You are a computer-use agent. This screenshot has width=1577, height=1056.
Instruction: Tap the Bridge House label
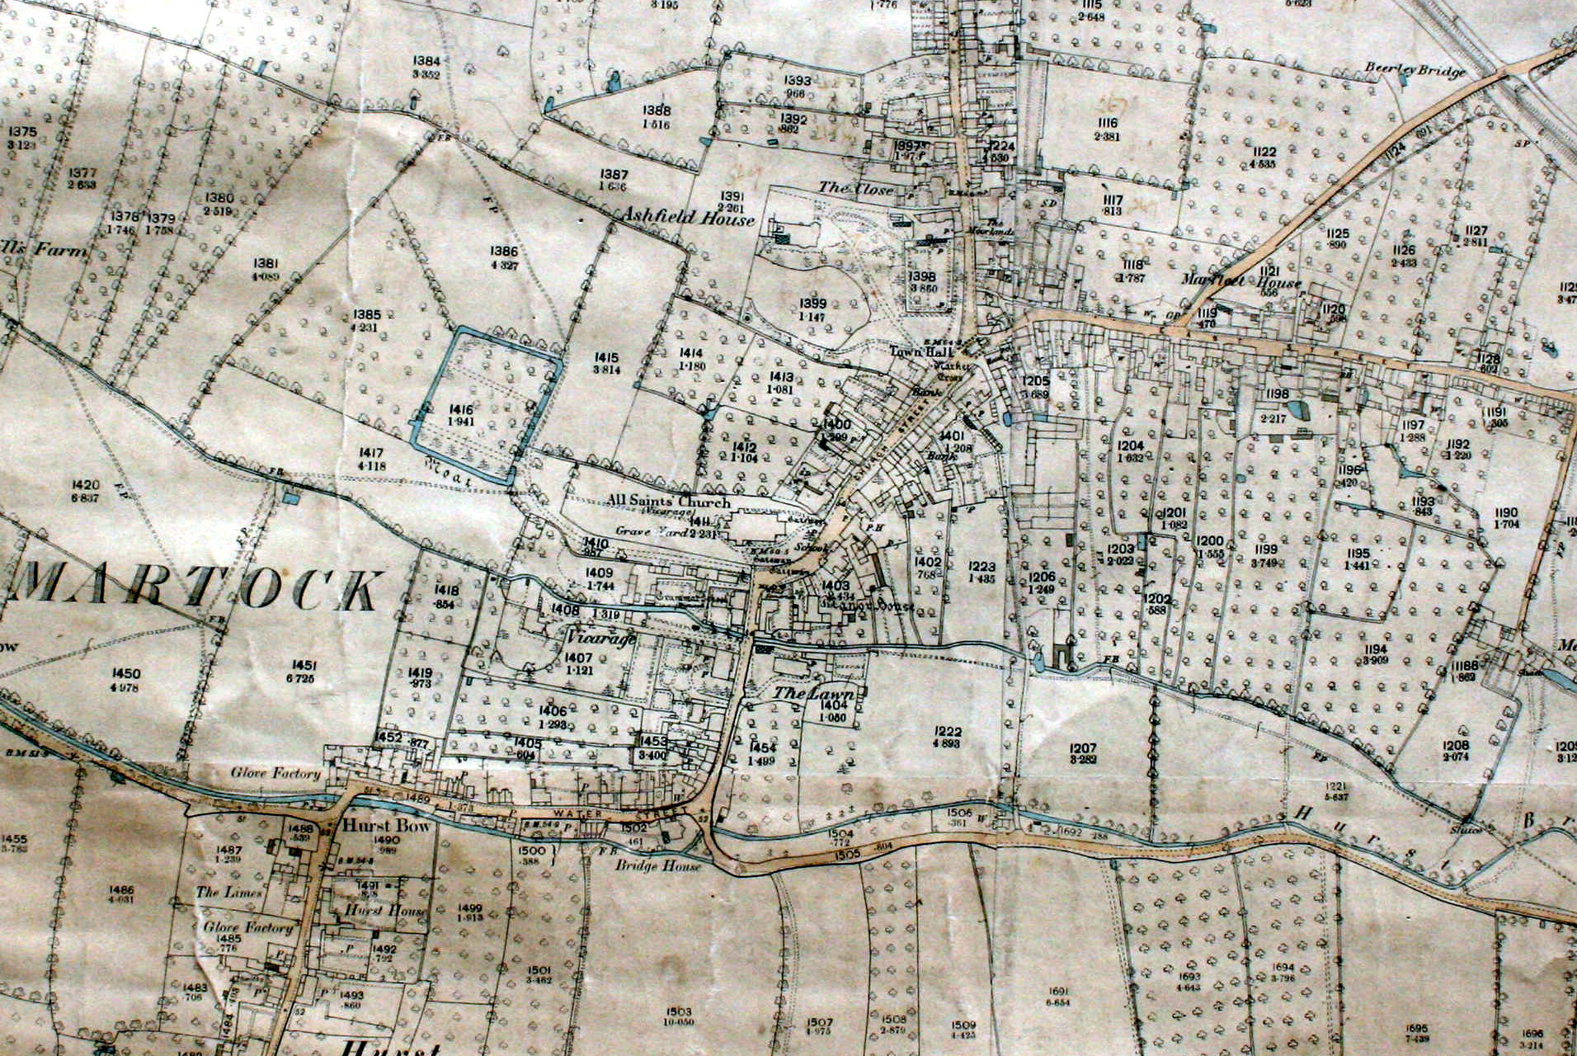tap(659, 866)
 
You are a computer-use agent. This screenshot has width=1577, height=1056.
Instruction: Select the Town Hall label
tap(911, 351)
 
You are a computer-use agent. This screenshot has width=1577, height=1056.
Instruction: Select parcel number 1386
tap(504, 252)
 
